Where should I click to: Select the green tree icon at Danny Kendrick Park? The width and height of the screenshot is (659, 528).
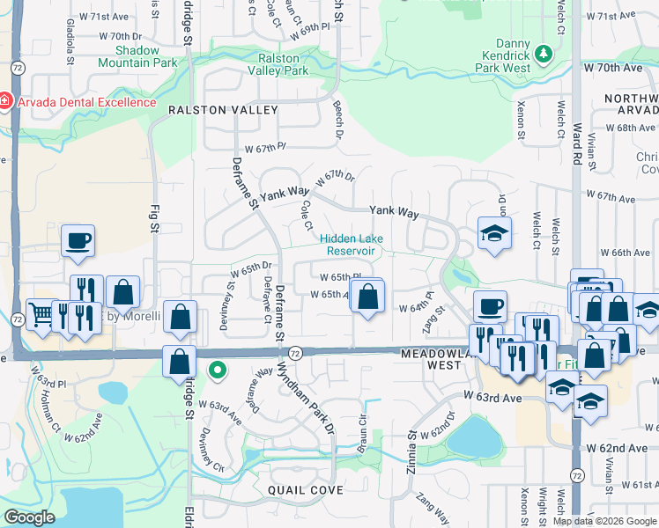tap(544, 54)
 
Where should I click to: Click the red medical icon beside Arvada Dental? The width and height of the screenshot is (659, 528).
tap(6, 101)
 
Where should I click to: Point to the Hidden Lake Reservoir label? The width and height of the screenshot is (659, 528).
tap(347, 244)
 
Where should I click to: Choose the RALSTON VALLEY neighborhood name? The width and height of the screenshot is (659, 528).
tap(223, 110)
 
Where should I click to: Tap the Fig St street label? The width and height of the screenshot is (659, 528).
tap(153, 215)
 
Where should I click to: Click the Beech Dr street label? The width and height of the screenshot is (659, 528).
tap(338, 122)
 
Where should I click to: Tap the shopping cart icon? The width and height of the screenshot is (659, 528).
tap(41, 314)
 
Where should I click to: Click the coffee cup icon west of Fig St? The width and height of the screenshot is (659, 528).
tap(78, 240)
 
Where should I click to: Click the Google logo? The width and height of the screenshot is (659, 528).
tap(29, 517)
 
